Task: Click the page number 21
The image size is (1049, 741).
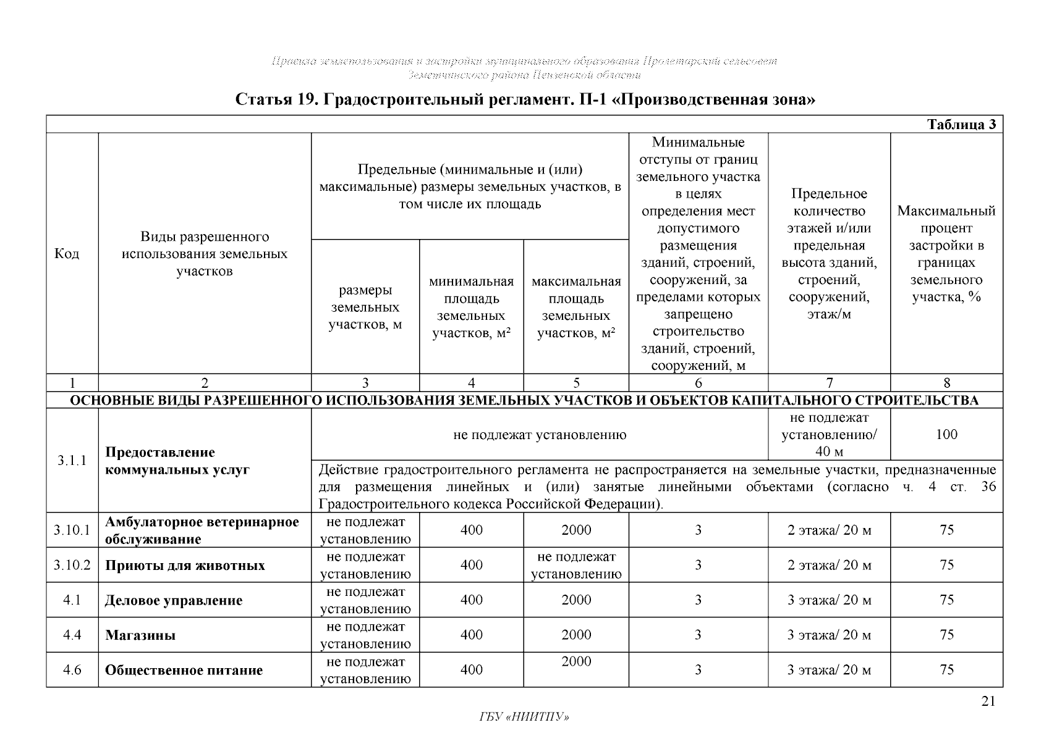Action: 988,701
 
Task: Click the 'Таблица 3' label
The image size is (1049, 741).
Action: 961,125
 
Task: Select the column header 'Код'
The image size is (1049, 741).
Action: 67,254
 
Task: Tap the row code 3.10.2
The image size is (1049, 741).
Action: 72,565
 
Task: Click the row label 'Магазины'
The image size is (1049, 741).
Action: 140,635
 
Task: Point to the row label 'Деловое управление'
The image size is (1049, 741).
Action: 173,600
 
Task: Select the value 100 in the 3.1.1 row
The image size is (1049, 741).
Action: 946,434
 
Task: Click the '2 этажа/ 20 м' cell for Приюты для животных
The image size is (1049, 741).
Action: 829,565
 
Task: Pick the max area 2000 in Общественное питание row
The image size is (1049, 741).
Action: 576,661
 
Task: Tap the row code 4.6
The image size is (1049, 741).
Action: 72,670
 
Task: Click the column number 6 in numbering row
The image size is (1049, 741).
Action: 698,383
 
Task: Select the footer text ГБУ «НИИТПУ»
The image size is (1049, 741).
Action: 524,717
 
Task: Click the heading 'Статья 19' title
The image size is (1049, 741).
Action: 525,99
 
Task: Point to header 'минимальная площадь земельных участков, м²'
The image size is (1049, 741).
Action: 471,307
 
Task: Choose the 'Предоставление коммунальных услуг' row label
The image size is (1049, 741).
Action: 177,461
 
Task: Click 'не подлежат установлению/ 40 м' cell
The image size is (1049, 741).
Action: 829,434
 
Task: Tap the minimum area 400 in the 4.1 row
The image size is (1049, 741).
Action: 471,600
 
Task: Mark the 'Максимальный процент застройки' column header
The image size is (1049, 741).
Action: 946,254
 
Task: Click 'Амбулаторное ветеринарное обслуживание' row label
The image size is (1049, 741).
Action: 202,530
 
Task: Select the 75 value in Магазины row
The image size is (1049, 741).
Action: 946,635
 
